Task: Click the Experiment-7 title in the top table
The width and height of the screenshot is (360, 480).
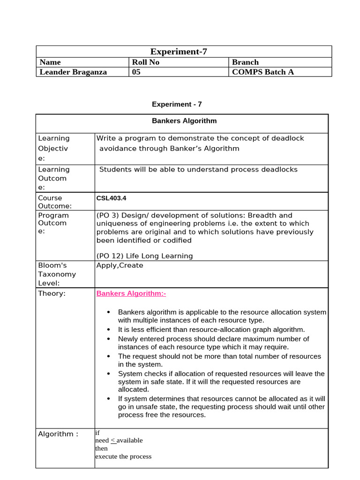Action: pyautogui.click(x=178, y=52)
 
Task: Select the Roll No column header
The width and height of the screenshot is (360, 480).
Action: pyautogui.click(x=146, y=62)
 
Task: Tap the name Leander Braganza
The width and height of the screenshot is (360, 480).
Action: pyautogui.click(x=73, y=72)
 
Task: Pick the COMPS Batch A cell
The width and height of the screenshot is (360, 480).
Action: pyautogui.click(x=263, y=72)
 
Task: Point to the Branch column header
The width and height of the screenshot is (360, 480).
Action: pyautogui.click(x=245, y=62)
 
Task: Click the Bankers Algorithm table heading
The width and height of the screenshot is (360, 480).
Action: pyautogui.click(x=184, y=121)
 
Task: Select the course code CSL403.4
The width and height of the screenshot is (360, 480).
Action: pyautogui.click(x=111, y=198)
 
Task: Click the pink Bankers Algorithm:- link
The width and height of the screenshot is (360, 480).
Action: pyautogui.click(x=131, y=294)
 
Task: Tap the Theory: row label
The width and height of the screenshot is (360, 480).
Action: pyautogui.click(x=52, y=294)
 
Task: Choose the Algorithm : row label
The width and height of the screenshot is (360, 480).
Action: pyautogui.click(x=58, y=434)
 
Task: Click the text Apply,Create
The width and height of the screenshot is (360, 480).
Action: pyautogui.click(x=120, y=265)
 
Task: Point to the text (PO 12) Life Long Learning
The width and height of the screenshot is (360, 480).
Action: pyautogui.click(x=144, y=256)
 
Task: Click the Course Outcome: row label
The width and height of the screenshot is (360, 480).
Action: pyautogui.click(x=55, y=202)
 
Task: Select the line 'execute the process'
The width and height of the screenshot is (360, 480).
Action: pyautogui.click(x=123, y=457)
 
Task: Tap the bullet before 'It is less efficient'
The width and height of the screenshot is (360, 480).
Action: pyautogui.click(x=108, y=330)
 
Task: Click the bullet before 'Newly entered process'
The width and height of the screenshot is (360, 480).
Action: pyautogui.click(x=108, y=338)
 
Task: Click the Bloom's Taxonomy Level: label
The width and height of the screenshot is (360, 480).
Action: pyautogui.click(x=57, y=274)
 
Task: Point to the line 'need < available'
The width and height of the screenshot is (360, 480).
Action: pyautogui.click(x=119, y=441)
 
